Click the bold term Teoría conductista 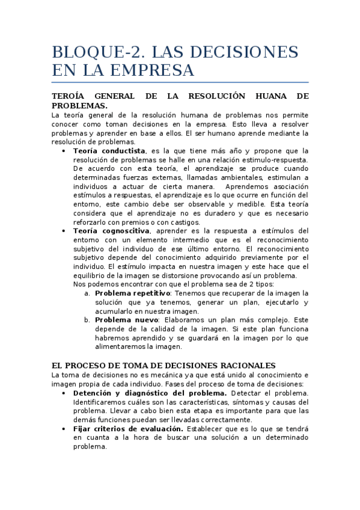point(109,151)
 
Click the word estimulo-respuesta point(273,159)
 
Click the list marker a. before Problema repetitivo point(88,293)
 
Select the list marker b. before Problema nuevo point(88,320)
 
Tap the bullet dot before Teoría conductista point(64,151)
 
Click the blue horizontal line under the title point(180,82)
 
